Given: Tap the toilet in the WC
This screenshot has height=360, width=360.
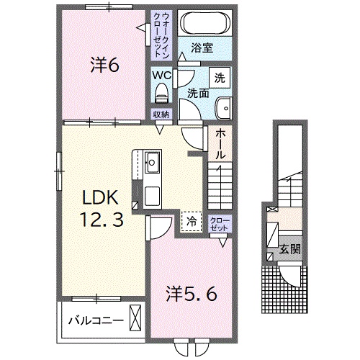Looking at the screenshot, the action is click(x=161, y=93).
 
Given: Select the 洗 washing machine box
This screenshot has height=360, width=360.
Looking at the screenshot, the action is click(x=220, y=78).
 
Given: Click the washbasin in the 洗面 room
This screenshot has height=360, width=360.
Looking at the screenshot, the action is click(x=224, y=108).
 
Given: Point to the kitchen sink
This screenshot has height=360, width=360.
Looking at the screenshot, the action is click(x=152, y=162).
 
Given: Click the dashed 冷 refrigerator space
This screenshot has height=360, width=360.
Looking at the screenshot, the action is click(x=192, y=222).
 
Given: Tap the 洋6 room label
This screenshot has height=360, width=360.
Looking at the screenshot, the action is click(x=104, y=65).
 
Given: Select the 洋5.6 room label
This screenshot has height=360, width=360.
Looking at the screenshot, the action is click(x=192, y=294).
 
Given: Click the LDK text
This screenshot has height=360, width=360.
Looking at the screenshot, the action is click(x=100, y=197).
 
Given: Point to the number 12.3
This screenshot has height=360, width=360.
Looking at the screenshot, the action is click(x=102, y=220).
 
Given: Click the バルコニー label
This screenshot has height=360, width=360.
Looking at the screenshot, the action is click(x=96, y=320).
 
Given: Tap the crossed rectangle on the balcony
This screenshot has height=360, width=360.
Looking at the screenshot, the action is click(x=135, y=318).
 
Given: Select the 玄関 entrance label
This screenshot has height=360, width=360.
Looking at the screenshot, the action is click(x=290, y=249).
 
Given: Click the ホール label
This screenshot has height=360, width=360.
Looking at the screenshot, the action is click(x=220, y=145).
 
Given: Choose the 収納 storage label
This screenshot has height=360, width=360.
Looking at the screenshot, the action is click(x=161, y=114).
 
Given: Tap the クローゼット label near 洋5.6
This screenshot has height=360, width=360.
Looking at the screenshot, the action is click(x=220, y=225).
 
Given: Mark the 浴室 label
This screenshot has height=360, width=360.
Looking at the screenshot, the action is click(x=202, y=48).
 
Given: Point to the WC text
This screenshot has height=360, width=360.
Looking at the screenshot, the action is click(x=162, y=75).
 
